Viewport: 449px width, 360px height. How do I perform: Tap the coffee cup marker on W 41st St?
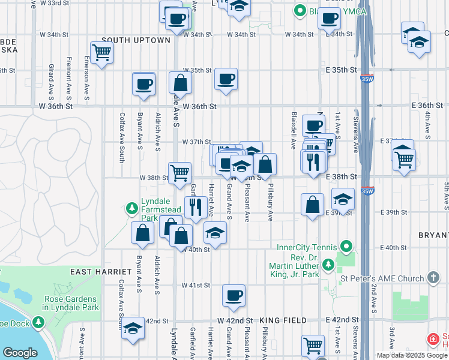coord(234,295)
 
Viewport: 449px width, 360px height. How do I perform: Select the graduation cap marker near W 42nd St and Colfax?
coord(133,328)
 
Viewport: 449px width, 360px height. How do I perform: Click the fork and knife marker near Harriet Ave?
coord(196,207)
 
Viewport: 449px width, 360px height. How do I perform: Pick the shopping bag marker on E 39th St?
coord(313,204)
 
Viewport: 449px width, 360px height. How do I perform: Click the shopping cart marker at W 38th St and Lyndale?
coord(180,173)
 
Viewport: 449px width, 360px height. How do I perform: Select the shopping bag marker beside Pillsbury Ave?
coord(265,164)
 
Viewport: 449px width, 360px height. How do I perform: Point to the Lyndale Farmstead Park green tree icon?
coord(132,208)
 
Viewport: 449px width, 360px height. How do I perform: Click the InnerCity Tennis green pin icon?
coord(346,247)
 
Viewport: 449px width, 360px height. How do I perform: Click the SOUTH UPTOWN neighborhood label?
coord(136,40)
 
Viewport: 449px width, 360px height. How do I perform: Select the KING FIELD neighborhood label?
coord(295,322)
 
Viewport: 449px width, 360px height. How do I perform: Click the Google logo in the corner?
coord(20,353)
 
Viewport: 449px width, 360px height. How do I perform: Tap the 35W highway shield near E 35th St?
coord(366,78)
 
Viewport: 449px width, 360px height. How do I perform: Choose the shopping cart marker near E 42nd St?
coord(313,346)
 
